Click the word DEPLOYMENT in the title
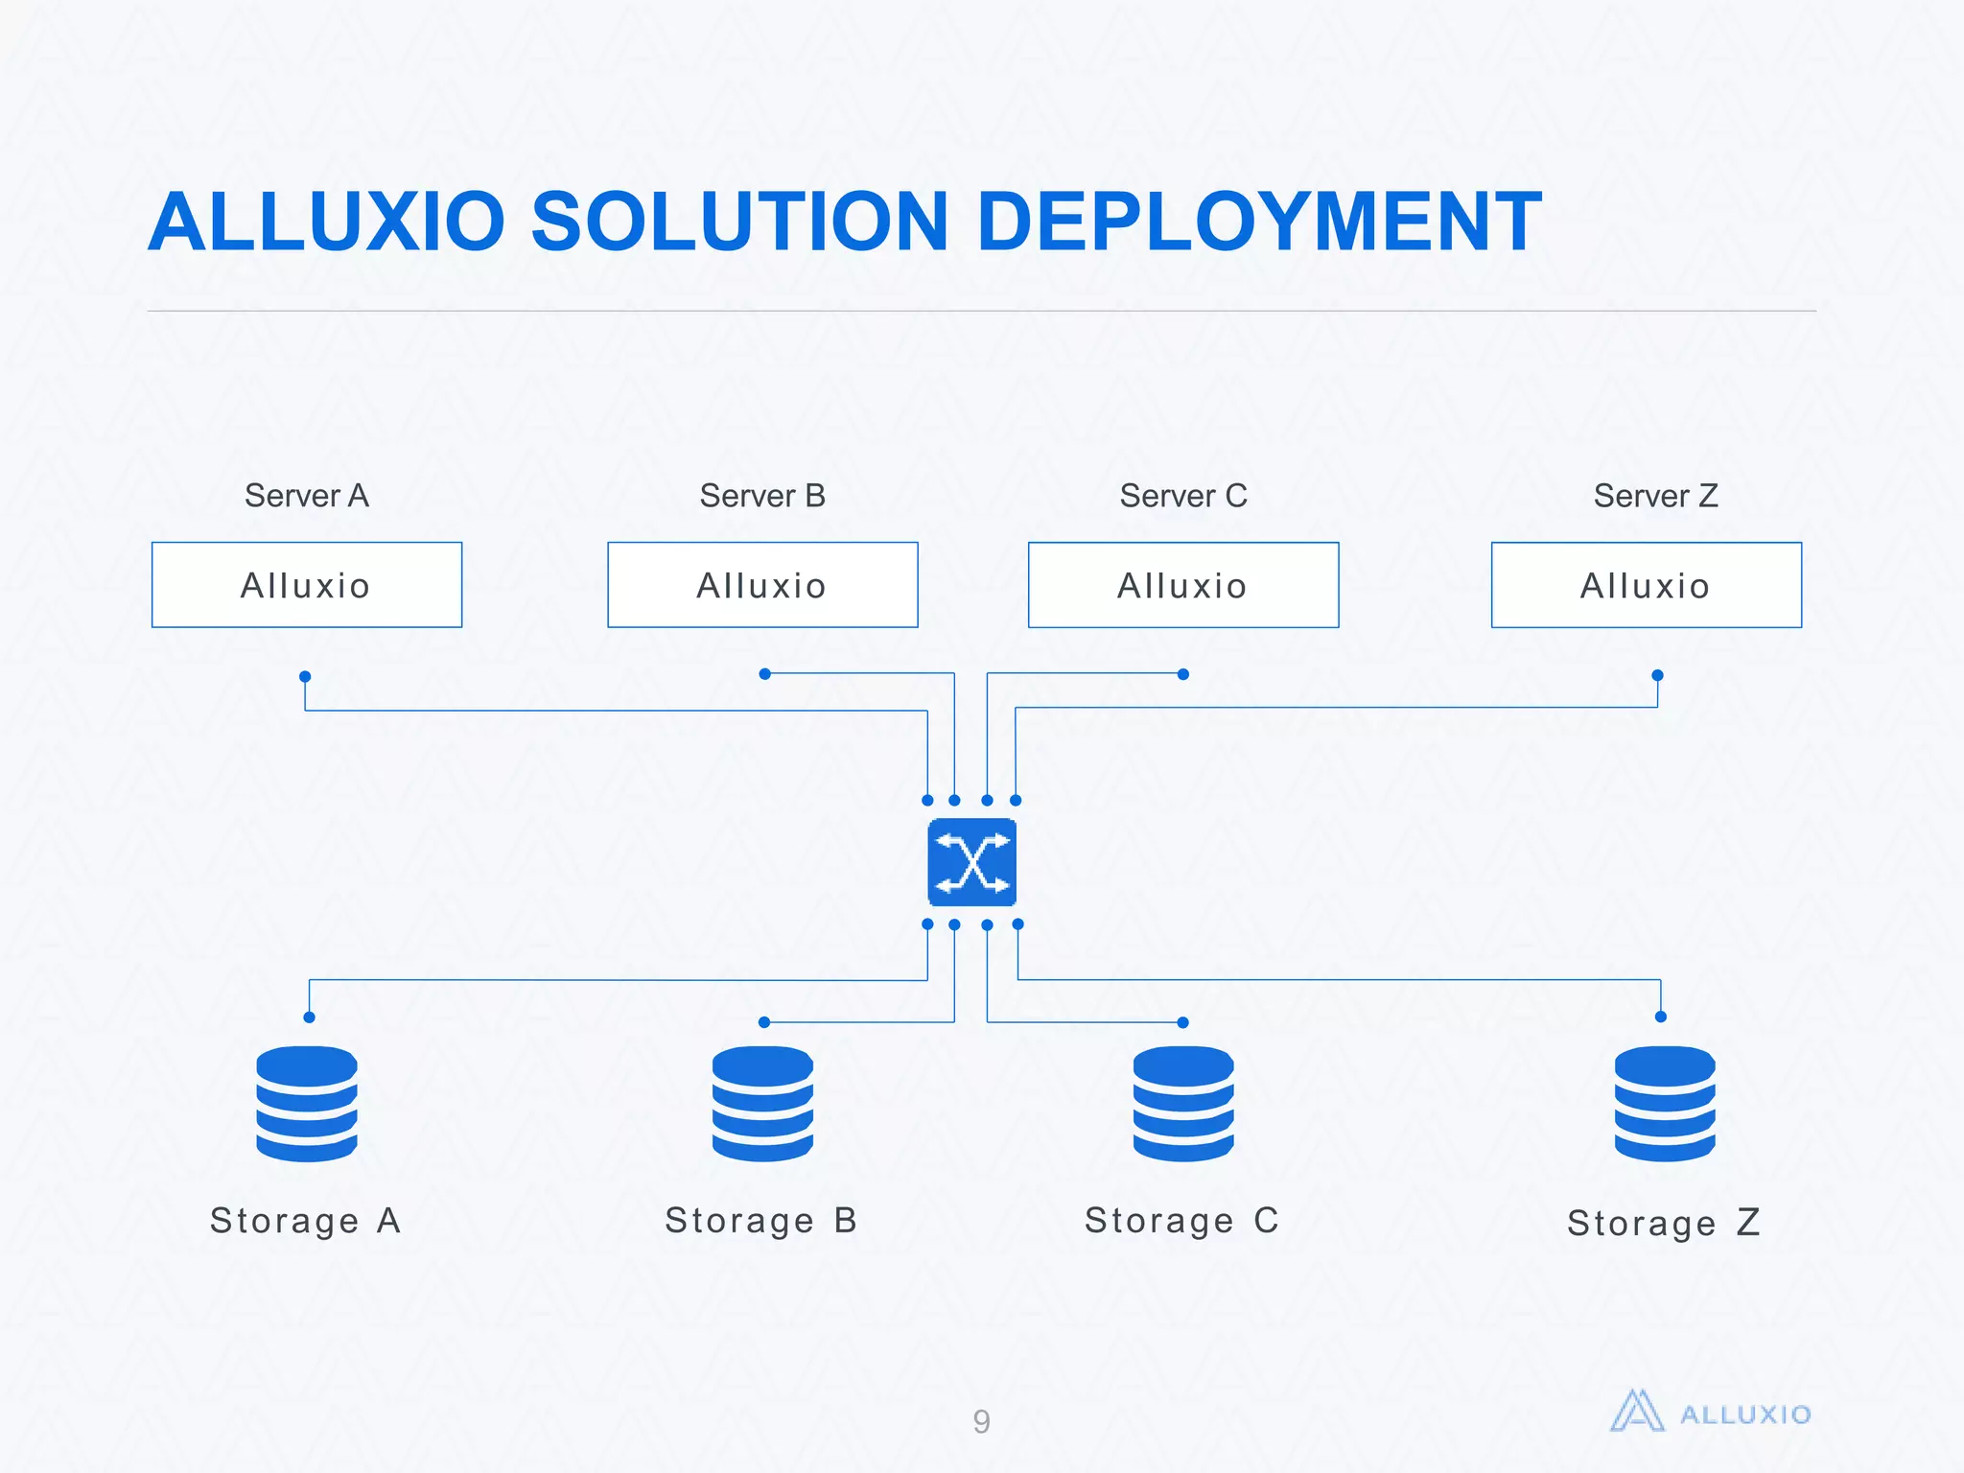[1258, 222]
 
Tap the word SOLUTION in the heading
[738, 222]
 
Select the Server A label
[307, 496]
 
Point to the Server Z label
[1655, 496]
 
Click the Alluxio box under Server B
[762, 585]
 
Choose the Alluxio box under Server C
[1182, 585]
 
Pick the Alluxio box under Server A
[307, 585]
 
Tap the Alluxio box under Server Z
[1646, 585]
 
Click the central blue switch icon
[971, 862]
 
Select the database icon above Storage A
[307, 1104]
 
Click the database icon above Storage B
[762, 1104]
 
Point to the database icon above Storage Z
[1664, 1104]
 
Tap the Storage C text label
[1181, 1221]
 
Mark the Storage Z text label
[1663, 1224]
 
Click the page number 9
[981, 1421]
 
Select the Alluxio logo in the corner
[1710, 1413]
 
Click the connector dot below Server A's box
[305, 676]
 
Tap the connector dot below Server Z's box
[1657, 675]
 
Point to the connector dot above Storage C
[1182, 1022]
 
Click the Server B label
[762, 496]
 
